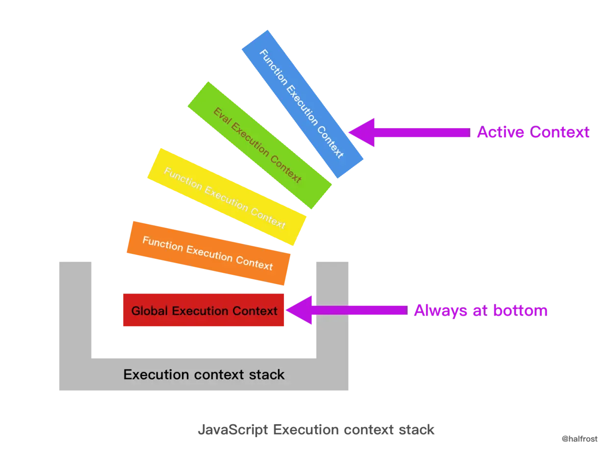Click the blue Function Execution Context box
[x=303, y=104]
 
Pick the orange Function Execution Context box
[x=208, y=253]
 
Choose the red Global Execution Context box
[x=203, y=311]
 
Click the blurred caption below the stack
[x=315, y=429]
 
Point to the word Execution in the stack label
[x=157, y=375]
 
